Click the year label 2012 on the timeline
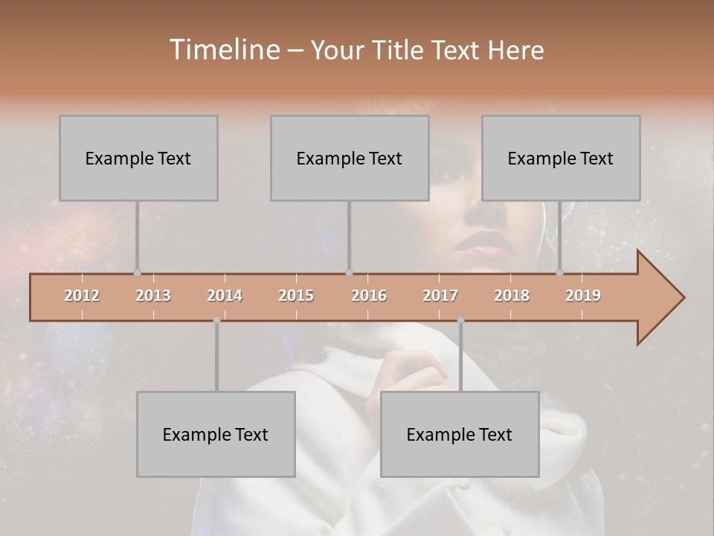tap(82, 296)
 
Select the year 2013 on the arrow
tap(153, 296)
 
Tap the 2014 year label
tap(225, 296)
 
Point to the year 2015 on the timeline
tap(296, 296)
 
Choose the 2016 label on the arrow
tap(369, 296)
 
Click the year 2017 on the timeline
tap(440, 296)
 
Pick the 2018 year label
tap(512, 296)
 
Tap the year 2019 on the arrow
tap(583, 296)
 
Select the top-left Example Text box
tap(138, 158)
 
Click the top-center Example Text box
tap(350, 158)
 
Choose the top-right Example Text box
tap(561, 158)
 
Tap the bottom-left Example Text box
tap(216, 434)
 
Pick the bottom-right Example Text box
tap(460, 434)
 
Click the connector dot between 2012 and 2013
tap(137, 272)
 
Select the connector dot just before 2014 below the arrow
tap(216, 320)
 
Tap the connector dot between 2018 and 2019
tap(559, 272)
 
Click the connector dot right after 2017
tap(460, 320)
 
